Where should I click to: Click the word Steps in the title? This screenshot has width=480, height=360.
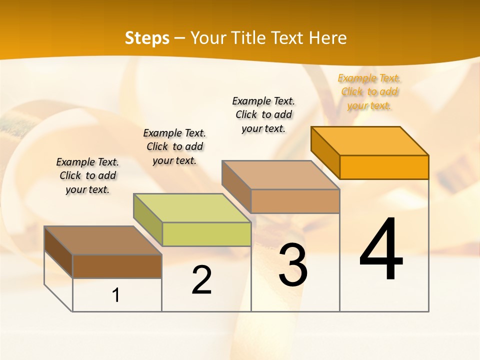coord(147,38)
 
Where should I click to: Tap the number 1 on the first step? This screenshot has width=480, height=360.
coord(116,295)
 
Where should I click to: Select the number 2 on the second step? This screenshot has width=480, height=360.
coord(201,280)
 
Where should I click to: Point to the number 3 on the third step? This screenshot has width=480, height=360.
coord(293,265)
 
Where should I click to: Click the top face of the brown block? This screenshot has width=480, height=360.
coord(103,240)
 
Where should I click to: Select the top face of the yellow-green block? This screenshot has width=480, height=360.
coord(192,208)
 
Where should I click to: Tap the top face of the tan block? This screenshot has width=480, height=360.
coord(281,175)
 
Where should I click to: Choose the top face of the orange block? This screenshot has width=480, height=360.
coord(370,141)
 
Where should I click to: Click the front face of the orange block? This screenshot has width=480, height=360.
coord(384,167)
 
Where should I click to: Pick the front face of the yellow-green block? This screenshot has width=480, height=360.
coord(206,234)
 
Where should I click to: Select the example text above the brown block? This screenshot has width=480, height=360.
coord(87,175)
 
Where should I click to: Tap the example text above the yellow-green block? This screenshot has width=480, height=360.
coord(174,146)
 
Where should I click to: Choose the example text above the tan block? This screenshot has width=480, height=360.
coord(263,114)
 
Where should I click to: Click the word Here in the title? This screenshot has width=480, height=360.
coord(328,38)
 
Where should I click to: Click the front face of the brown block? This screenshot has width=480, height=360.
coord(117,266)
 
